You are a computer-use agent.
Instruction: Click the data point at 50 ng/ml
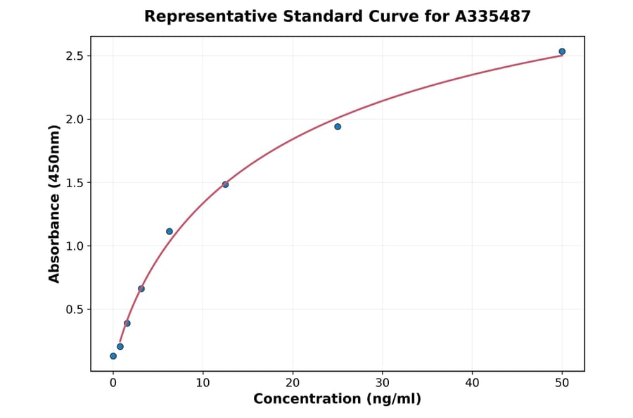coord(562,51)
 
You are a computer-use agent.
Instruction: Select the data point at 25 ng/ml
coord(338,127)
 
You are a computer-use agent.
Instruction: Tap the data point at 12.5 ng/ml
coord(225,184)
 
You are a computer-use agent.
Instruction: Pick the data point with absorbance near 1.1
coord(170,232)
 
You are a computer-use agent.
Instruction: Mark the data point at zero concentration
coord(113,356)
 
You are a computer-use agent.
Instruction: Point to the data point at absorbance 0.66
coord(141,289)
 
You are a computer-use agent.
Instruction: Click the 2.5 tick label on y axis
coord(74,56)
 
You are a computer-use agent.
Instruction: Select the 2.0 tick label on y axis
coord(74,119)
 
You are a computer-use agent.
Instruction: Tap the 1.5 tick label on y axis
coord(74,183)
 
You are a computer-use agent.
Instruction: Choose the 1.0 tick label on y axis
coord(74,246)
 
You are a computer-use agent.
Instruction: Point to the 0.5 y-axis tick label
coord(74,310)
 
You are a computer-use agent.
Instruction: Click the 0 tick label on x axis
coord(113,383)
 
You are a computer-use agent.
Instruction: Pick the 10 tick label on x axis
coord(203,383)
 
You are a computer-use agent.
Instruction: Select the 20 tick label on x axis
coord(293,383)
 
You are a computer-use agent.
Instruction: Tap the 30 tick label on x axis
coord(383,383)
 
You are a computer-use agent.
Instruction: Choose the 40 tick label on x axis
coord(472,383)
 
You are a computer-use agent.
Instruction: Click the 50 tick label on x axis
coord(562,383)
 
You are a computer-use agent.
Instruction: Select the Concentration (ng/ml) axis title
coord(337,400)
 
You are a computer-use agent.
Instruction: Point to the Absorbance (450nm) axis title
coord(55,203)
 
